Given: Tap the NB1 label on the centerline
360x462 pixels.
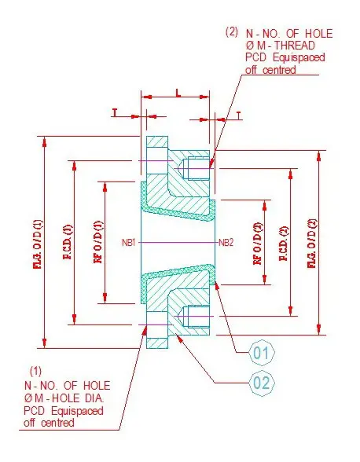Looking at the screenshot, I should (x=130, y=242).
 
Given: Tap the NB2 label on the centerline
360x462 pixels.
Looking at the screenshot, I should (x=226, y=242).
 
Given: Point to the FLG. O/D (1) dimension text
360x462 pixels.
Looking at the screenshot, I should (x=38, y=244).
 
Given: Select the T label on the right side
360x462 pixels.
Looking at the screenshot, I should (x=240, y=115).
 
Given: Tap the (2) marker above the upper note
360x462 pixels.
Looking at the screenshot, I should (x=231, y=32).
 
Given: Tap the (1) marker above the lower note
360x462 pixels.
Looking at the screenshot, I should (x=35, y=369).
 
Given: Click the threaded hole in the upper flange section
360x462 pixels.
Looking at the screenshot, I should (x=193, y=167).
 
